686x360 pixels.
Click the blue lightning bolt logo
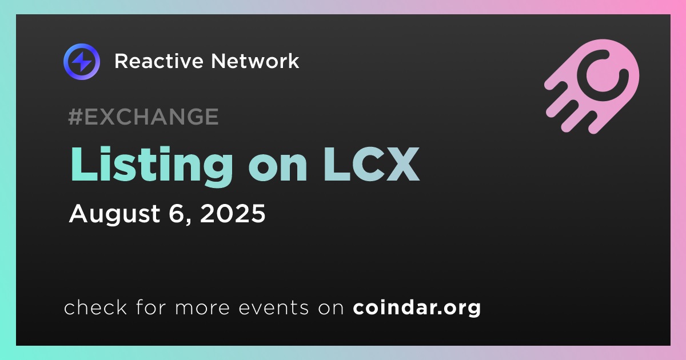point(81,62)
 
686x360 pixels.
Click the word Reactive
point(159,61)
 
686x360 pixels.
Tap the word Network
point(255,61)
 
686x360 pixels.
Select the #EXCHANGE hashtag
point(143,117)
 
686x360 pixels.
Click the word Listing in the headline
point(152,167)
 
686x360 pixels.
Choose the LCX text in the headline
point(372,165)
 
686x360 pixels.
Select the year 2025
point(233,213)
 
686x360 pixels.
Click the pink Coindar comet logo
point(592,86)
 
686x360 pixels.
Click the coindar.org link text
point(417,308)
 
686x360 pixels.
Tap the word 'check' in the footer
point(95,307)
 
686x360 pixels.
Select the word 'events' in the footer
point(273,308)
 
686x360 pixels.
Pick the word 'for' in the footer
point(151,307)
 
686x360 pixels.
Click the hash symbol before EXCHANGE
point(75,117)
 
